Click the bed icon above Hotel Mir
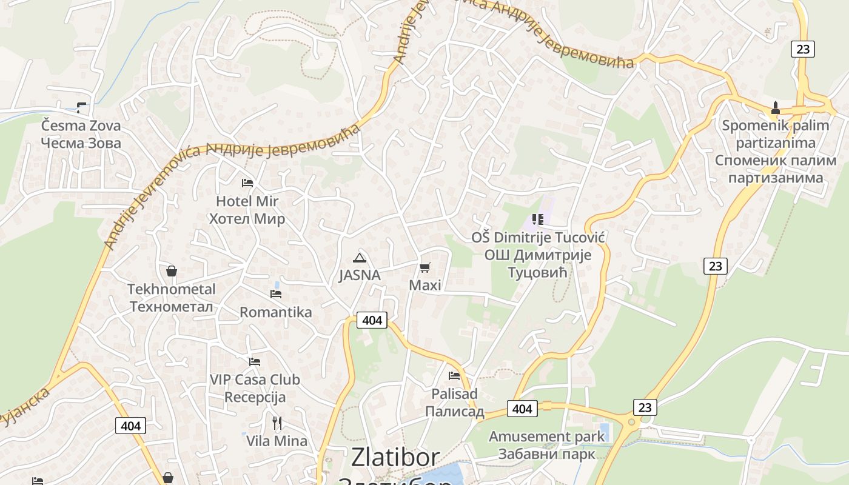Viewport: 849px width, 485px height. [247, 182]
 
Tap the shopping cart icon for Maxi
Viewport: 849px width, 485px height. [425, 267]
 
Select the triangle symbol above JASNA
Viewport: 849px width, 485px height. [360, 258]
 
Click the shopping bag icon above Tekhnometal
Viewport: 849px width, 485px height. [172, 271]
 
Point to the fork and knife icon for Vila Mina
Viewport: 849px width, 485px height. [277, 423]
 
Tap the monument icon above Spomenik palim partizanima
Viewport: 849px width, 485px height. [775, 109]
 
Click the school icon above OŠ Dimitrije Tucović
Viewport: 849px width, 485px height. [538, 219]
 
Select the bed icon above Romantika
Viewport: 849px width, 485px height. [276, 294]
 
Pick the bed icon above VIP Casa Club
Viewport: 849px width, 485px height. [255, 362]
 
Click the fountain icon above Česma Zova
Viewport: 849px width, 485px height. [81, 108]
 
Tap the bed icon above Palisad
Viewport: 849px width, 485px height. [454, 376]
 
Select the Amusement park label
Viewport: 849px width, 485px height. [546, 436]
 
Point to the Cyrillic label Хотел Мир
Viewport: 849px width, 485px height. [247, 219]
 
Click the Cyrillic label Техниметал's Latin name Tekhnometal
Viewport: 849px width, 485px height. [172, 289]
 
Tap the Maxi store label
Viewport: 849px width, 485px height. [425, 285]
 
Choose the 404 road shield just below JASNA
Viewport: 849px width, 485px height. [372, 320]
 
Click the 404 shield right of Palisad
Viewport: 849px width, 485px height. [522, 409]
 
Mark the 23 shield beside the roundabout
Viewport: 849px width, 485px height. [645, 407]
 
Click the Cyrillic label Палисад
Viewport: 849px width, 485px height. [454, 412]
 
